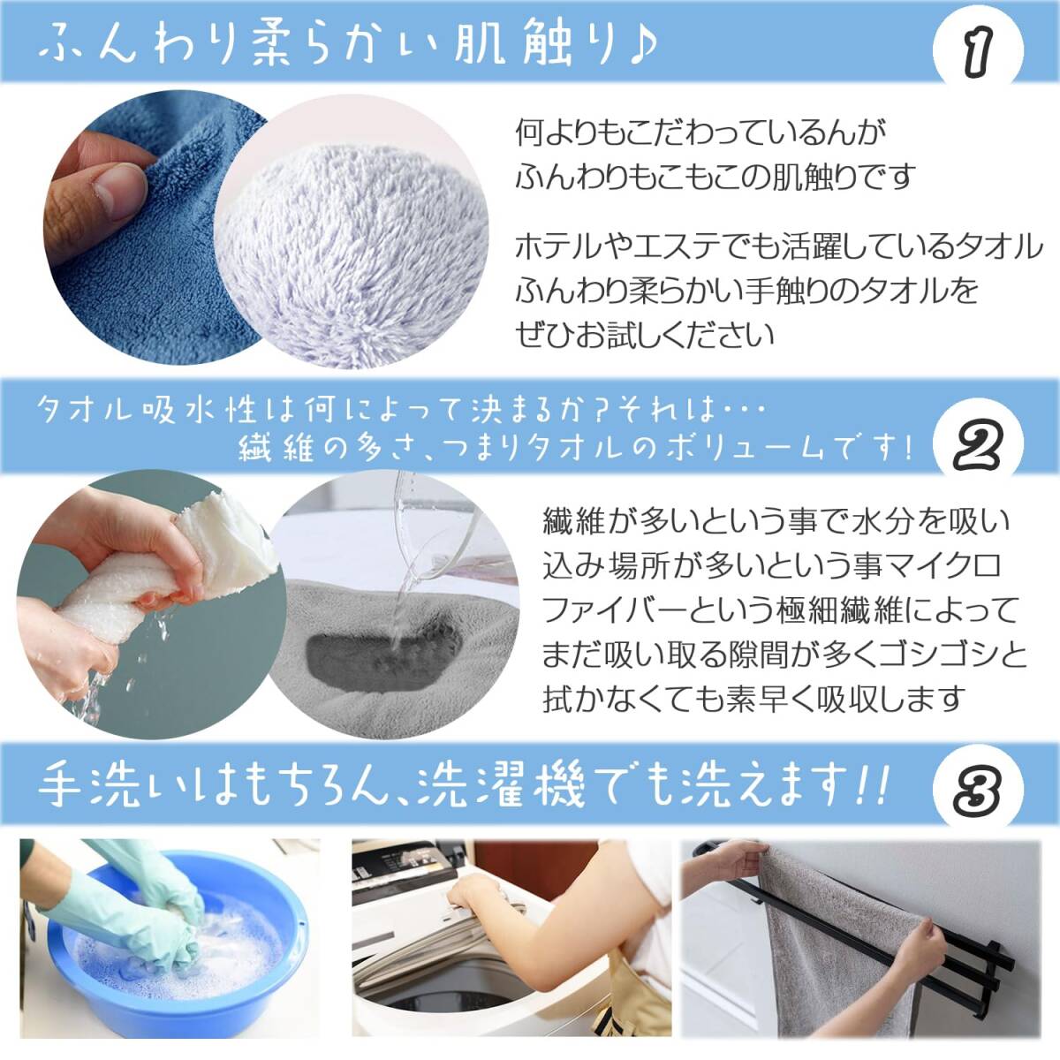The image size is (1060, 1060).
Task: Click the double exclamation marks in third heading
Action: pos(875,784)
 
